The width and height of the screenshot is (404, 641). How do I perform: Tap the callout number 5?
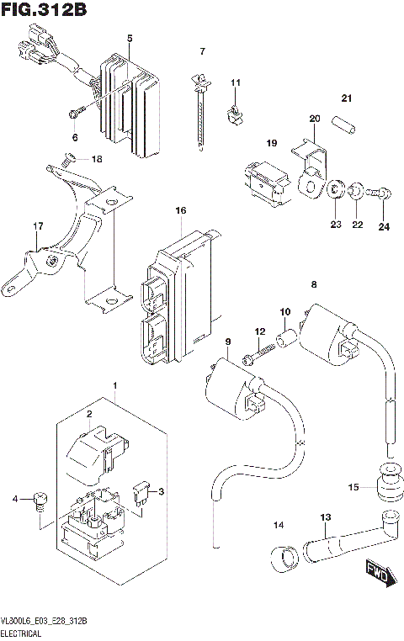click(x=130, y=39)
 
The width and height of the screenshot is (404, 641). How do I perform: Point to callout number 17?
click(x=37, y=226)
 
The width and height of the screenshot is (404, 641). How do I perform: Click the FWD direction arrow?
click(x=376, y=573)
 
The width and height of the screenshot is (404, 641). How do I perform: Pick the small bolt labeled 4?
click(x=39, y=501)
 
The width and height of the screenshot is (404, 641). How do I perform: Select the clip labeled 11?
click(x=237, y=113)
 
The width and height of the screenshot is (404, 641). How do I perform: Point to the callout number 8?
click(x=314, y=285)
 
